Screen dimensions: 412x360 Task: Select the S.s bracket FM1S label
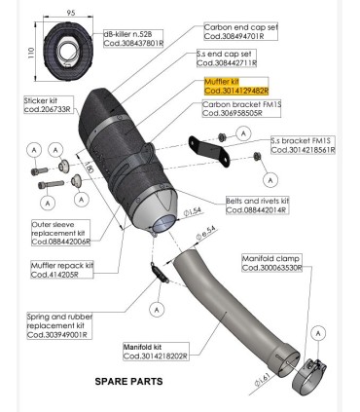point(303,145)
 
